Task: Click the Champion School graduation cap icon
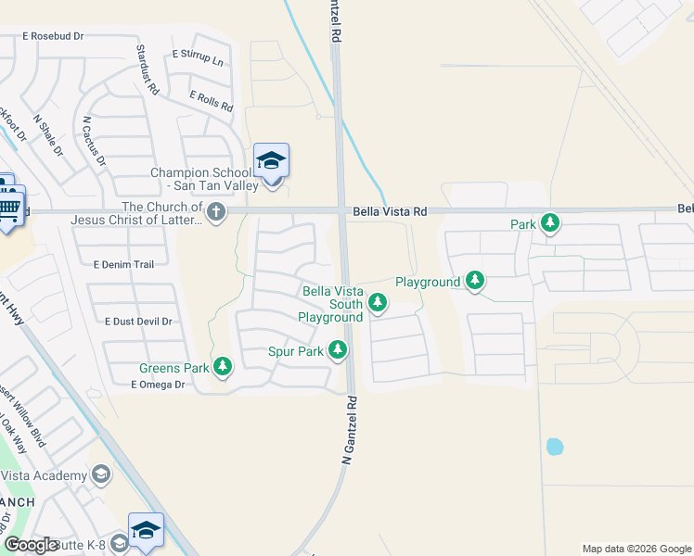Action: pyautogui.click(x=271, y=161)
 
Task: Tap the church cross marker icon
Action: pyautogui.click(x=215, y=212)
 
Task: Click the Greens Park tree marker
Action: pyautogui.click(x=223, y=367)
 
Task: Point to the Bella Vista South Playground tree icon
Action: pyautogui.click(x=378, y=302)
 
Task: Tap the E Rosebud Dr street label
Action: pyautogui.click(x=52, y=36)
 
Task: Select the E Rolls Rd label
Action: pyautogui.click(x=211, y=101)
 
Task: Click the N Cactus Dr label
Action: pyautogui.click(x=94, y=141)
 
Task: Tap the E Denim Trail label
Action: pyautogui.click(x=123, y=264)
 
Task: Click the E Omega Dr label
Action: pyautogui.click(x=159, y=384)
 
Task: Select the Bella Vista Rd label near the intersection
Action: pyautogui.click(x=389, y=212)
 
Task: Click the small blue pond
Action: pyautogui.click(x=555, y=447)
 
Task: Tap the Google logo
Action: pyautogui.click(x=32, y=545)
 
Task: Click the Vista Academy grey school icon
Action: pyautogui.click(x=101, y=475)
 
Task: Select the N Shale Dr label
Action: pyautogui.click(x=47, y=135)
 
